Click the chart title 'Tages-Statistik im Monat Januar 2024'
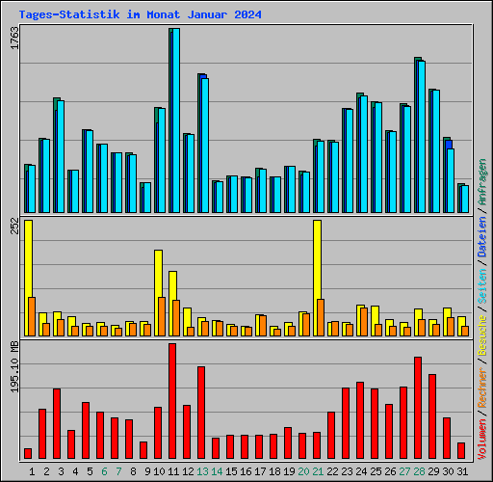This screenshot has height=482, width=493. pos(140,15)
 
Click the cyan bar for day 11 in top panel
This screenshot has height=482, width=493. pos(175,120)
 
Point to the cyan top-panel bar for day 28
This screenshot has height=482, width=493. pos(421,136)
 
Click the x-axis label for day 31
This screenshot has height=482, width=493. pos(461,471)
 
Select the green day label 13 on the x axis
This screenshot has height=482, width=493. pos(201,471)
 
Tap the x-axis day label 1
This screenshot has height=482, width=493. pos(32,471)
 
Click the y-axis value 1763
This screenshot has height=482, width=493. pos(13,39)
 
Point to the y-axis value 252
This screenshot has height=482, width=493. pos(13,228)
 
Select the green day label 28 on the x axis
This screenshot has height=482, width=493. pos(418,471)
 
